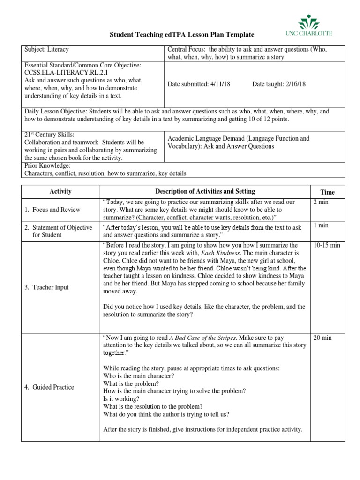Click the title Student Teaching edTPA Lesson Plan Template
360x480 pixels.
pyautogui.click(x=182, y=35)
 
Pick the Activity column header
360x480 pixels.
pyautogui.click(x=60, y=192)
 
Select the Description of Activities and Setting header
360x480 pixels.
pyautogui.click(x=205, y=191)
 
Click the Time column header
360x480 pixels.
pyautogui.click(x=327, y=192)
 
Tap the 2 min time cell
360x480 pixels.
pyautogui.click(x=321, y=202)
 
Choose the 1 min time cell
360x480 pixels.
pyautogui.click(x=321, y=226)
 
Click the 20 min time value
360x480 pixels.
pyautogui.click(x=322, y=337)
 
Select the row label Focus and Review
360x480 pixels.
pyautogui.click(x=52, y=210)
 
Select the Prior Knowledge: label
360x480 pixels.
pyautogui.click(x=47, y=165)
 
